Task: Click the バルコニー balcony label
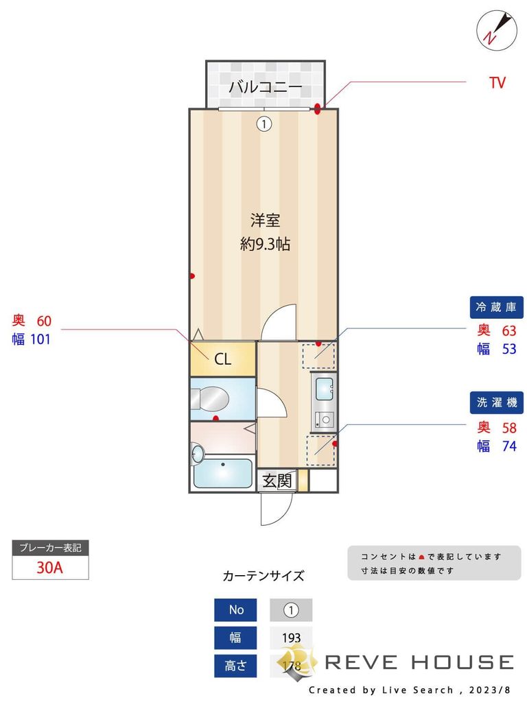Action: pyautogui.click(x=265, y=87)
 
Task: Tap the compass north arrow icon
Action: pyautogui.click(x=495, y=29)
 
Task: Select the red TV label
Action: pyautogui.click(x=497, y=84)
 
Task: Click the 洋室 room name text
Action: pyautogui.click(x=265, y=221)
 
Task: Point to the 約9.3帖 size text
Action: pyautogui.click(x=265, y=244)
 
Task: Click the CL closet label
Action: pyautogui.click(x=223, y=359)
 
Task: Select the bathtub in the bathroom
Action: pyautogui.click(x=223, y=474)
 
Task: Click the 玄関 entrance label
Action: pyautogui.click(x=277, y=481)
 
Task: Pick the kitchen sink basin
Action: pyautogui.click(x=323, y=389)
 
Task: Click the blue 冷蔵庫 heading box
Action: pyautogui.click(x=497, y=306)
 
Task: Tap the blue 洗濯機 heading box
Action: pyautogui.click(x=497, y=402)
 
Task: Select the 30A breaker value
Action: pyautogui.click(x=50, y=568)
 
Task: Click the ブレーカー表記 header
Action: pyautogui.click(x=50, y=548)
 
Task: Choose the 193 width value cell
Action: pyautogui.click(x=291, y=638)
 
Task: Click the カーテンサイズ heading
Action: pyautogui.click(x=263, y=576)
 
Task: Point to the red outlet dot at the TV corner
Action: pyautogui.click(x=318, y=107)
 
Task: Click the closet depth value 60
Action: pyautogui.click(x=44, y=321)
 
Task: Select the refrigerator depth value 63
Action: pyautogui.click(x=508, y=330)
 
